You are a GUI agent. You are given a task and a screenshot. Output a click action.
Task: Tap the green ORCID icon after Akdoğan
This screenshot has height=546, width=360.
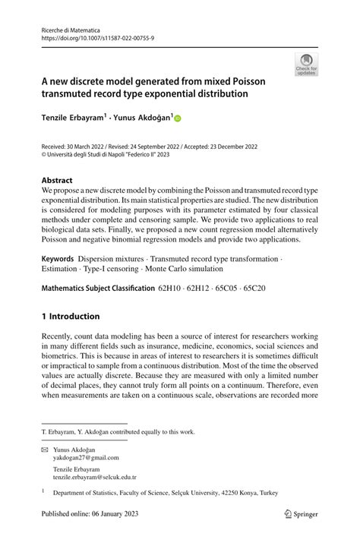coord(179,118)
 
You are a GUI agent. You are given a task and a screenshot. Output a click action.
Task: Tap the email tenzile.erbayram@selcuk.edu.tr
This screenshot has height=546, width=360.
coord(95,477)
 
